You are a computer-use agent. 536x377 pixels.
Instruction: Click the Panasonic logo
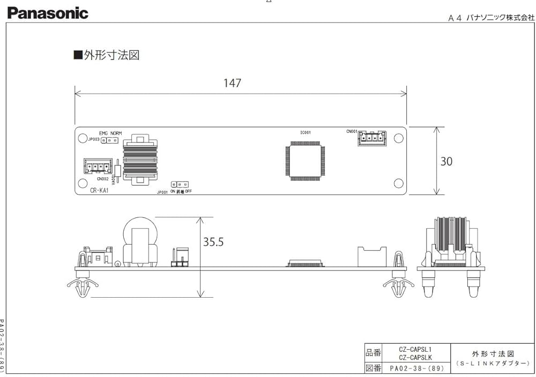(48, 13)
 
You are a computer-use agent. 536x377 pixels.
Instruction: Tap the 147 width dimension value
(233, 83)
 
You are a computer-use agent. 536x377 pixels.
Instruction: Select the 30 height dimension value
(446, 161)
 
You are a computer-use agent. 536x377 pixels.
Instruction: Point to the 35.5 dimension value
(213, 242)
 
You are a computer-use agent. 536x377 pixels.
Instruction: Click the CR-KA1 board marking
(100, 190)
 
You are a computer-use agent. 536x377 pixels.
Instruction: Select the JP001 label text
(162, 191)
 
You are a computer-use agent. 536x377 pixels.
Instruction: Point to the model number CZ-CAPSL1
(415, 349)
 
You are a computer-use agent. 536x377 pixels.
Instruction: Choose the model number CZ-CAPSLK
(415, 357)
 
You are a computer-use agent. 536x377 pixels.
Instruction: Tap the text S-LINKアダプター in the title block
(493, 363)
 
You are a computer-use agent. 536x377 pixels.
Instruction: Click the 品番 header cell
(373, 353)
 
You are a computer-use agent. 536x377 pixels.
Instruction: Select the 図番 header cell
(373, 368)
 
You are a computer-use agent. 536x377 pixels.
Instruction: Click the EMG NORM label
(110, 133)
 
